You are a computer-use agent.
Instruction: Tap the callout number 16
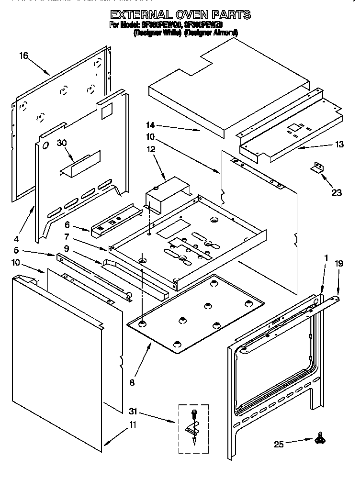[24, 56]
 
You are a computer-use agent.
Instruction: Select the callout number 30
[62, 142]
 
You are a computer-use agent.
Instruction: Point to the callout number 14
[151, 125]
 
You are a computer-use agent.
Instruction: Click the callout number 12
[151, 150]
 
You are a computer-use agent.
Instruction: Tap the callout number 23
[337, 193]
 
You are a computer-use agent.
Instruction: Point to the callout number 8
[132, 382]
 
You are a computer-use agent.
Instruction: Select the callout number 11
[133, 424]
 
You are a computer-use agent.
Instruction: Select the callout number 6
[67, 223]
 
